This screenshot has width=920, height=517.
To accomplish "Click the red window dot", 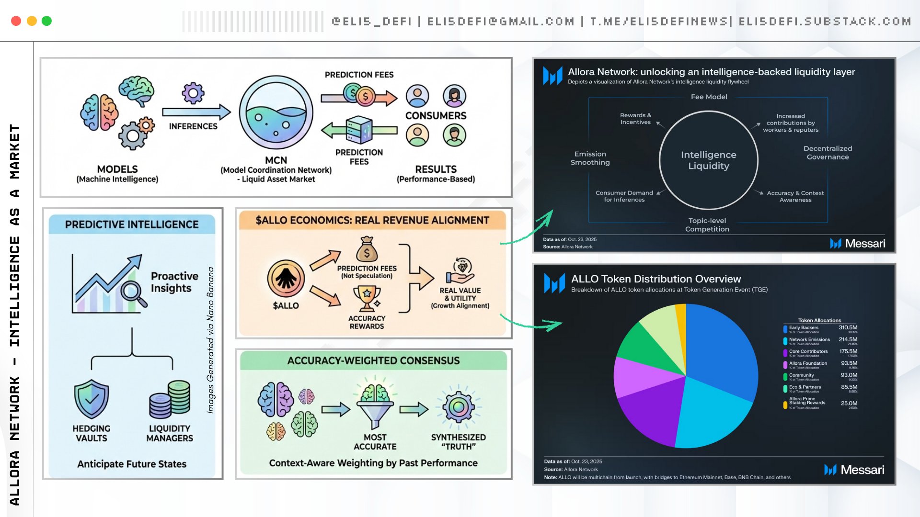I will pos(16,21).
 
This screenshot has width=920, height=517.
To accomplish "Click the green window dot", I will pos(46,21).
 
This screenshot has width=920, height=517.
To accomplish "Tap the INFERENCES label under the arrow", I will pos(193,126).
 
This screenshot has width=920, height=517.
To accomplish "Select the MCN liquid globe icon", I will pos(276,113).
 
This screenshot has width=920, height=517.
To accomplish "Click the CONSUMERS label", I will pos(436,116).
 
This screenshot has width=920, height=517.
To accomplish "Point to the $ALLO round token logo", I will pos(286,279).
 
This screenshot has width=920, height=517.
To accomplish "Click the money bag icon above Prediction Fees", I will pos(367,249).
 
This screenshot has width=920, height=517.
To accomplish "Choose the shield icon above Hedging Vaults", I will pos(92,399).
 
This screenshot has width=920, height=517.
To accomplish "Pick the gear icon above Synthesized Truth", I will pos(459,407).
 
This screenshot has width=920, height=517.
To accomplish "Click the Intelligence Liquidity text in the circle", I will pos(708,160).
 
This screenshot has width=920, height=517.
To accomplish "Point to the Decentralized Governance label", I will pos(828,153).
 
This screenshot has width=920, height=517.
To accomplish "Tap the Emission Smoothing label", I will pos(590,158).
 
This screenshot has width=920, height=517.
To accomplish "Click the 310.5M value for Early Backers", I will pos(848,327).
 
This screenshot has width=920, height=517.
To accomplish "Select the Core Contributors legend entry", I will pos(808,351).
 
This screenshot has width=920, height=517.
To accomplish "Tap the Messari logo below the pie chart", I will pos(854,470).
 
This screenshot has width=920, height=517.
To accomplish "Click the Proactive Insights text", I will pos(174,282).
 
